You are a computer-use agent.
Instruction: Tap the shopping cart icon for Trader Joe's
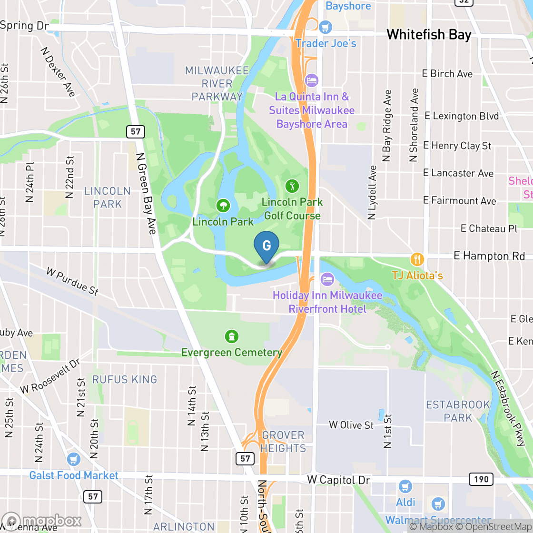[326, 27]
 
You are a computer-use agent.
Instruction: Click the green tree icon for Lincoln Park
[223, 206]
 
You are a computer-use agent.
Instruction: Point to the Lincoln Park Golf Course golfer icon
[292, 185]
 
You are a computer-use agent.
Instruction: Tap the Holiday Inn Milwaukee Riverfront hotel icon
[327, 279]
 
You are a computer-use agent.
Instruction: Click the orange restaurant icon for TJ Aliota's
[417, 259]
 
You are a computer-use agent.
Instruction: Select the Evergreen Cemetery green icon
[231, 336]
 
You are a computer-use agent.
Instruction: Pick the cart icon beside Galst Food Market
[73, 459]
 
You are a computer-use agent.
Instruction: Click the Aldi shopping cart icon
[405, 486]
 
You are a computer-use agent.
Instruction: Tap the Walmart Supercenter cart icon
[438, 504]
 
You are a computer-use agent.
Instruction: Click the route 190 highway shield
[481, 479]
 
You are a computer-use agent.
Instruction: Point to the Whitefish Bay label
[429, 35]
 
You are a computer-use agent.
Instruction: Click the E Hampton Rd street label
[489, 256]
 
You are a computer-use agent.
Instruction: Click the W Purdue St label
[72, 281]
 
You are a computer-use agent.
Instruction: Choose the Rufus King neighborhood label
[125, 379]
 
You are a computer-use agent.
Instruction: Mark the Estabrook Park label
[458, 411]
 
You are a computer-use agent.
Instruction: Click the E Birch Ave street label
[447, 74]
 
